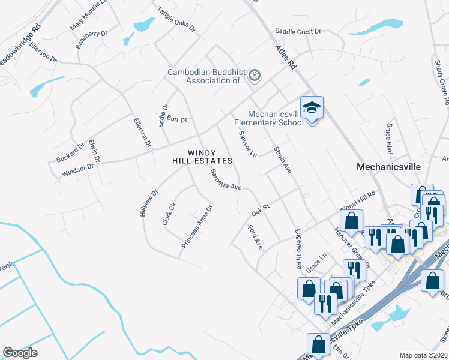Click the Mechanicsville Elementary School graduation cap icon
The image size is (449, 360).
click(x=312, y=109)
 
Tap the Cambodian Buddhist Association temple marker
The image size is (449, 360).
click(x=255, y=76)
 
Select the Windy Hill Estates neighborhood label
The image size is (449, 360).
click(x=209, y=157)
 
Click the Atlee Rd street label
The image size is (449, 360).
click(x=286, y=57)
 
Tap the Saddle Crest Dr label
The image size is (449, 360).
click(x=298, y=31)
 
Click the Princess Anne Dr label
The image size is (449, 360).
click(x=197, y=227)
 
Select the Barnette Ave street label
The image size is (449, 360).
click(x=225, y=179)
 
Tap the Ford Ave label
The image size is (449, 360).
click(x=255, y=237)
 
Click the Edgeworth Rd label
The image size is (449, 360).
click(x=297, y=248)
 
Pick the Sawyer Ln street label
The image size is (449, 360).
click(x=247, y=144)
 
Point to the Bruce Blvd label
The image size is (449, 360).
click(x=390, y=140)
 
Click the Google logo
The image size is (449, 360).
click(x=20, y=352)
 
